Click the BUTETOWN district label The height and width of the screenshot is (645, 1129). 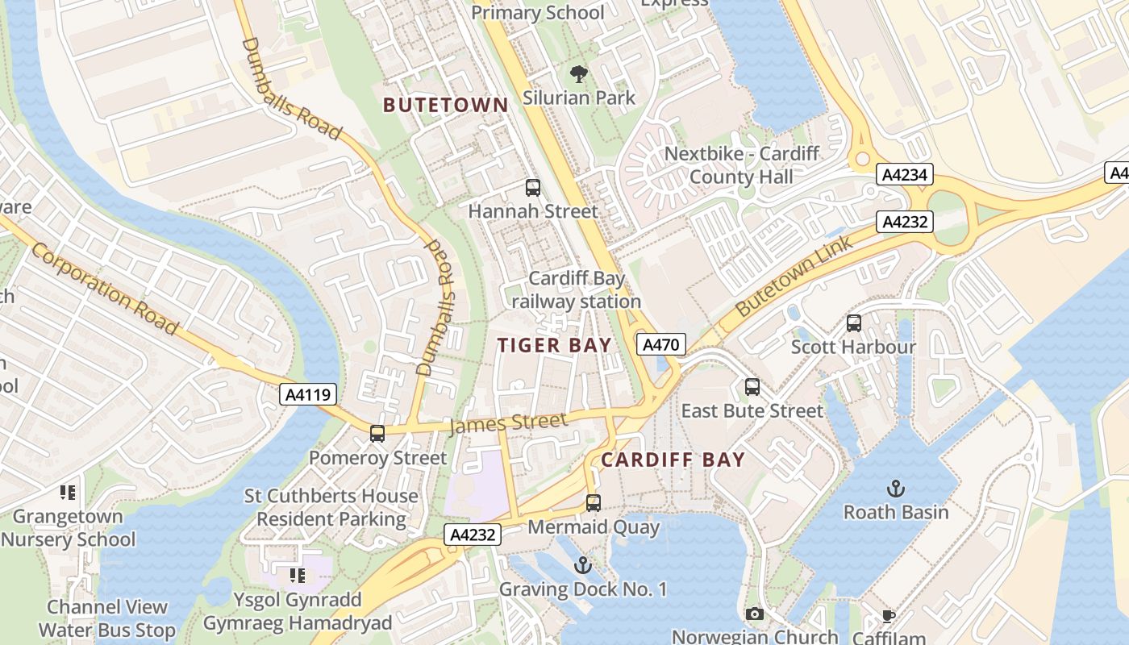pos(446,105)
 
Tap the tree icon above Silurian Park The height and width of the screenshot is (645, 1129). pos(578,75)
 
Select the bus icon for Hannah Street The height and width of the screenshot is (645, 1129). pos(532,188)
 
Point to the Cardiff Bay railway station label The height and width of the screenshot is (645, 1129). pos(577,290)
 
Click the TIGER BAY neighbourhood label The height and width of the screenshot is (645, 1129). pos(554,346)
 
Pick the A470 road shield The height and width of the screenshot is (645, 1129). pos(661,345)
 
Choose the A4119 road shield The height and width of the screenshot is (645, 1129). pos(308,394)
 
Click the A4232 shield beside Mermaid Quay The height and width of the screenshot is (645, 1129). pos(473,534)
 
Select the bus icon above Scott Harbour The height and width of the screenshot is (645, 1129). pos(853,323)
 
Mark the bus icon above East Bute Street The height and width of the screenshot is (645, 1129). pos(752,387)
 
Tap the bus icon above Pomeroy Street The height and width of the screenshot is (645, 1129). pos(377,434)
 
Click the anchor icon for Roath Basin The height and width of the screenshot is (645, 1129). pos(895,488)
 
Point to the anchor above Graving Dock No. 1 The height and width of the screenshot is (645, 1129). pos(582,565)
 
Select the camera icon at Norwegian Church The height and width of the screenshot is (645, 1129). pos(754,614)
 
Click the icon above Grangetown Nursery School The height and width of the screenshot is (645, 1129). pos(68,492)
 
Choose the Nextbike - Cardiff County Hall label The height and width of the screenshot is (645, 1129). pos(741,164)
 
